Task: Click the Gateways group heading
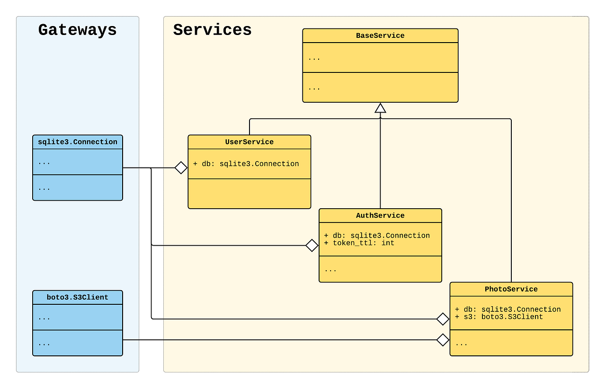[x=77, y=30]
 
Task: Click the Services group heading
[x=212, y=30]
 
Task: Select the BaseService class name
[x=380, y=35]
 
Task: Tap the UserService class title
[x=249, y=142]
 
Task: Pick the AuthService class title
[x=380, y=216]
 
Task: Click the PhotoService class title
[x=511, y=289]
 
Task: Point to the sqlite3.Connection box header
[x=77, y=142]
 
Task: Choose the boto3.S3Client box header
[x=77, y=297]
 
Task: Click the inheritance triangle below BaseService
[x=380, y=108]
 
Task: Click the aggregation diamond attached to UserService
[x=181, y=168]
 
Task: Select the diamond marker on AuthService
[x=312, y=245]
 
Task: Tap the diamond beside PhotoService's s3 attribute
[x=443, y=319]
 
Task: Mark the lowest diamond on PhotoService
[x=443, y=340]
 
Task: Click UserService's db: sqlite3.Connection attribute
[x=246, y=164]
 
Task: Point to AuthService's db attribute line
[x=377, y=236]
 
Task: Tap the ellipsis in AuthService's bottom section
[x=330, y=269]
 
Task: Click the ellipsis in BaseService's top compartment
[x=314, y=58]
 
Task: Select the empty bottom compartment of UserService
[x=249, y=194]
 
